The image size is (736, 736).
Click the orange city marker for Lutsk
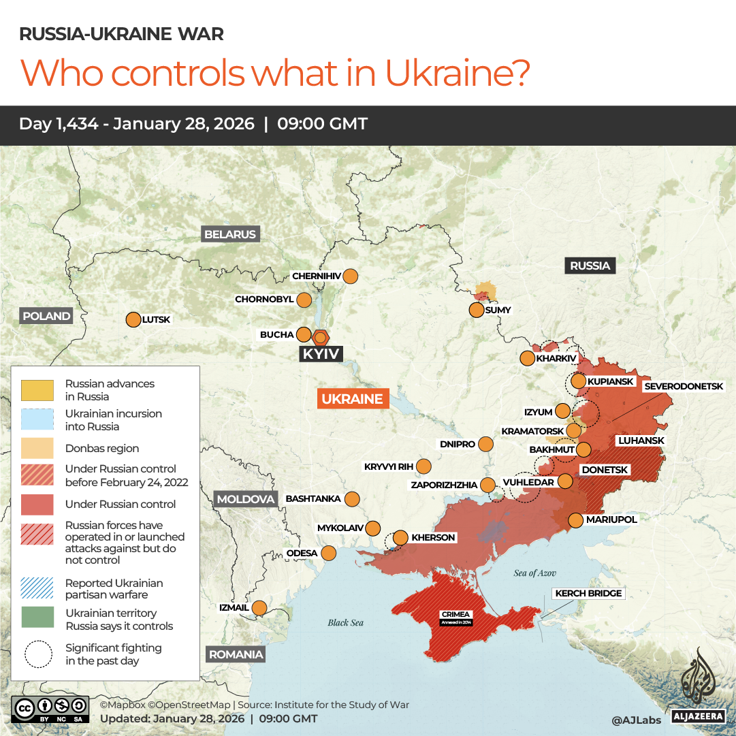(x=133, y=319)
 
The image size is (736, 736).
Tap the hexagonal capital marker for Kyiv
(x=321, y=337)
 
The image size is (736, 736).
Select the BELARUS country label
(x=230, y=234)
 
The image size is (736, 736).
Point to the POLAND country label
(x=46, y=316)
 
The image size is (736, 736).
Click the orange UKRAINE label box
(x=353, y=399)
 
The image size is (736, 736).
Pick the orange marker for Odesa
(x=329, y=553)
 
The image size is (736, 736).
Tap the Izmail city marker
(x=259, y=607)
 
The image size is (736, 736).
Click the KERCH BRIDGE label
(x=588, y=594)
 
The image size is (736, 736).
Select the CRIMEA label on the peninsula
(x=455, y=614)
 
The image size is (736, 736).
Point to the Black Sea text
(x=346, y=622)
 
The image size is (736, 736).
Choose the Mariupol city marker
(x=576, y=520)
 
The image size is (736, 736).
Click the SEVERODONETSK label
(x=684, y=386)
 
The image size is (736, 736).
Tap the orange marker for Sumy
(x=477, y=310)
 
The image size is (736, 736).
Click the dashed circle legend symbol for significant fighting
(x=37, y=654)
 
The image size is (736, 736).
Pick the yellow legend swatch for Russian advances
(x=37, y=390)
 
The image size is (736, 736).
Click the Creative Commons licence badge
(x=50, y=708)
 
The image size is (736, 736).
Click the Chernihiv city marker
(x=351, y=276)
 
